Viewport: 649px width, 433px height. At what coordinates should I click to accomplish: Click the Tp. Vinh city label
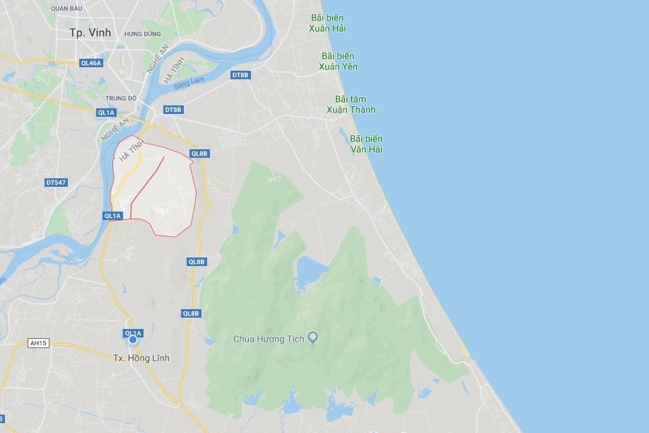coord(90,33)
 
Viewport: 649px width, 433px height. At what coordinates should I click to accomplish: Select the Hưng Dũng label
coord(142,33)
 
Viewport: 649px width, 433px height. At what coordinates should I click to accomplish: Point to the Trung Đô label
coord(121,98)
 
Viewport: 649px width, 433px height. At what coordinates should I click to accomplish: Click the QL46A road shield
coord(91,63)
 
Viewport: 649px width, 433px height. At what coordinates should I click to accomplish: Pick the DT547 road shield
coord(56,183)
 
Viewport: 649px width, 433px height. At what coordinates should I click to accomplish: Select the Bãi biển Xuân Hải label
coord(327,23)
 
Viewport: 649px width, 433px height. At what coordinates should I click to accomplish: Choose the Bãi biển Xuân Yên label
coord(338,61)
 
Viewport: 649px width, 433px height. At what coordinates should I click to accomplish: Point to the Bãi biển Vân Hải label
coord(366,144)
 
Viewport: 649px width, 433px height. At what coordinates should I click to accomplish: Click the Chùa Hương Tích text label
coord(269,339)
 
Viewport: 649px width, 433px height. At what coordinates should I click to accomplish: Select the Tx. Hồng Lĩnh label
coord(141,358)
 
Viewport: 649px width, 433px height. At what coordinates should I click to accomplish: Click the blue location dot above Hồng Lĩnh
coord(132,340)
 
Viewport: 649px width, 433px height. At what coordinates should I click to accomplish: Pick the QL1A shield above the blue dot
coord(132,333)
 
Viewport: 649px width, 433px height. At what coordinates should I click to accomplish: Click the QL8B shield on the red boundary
coord(199,154)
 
